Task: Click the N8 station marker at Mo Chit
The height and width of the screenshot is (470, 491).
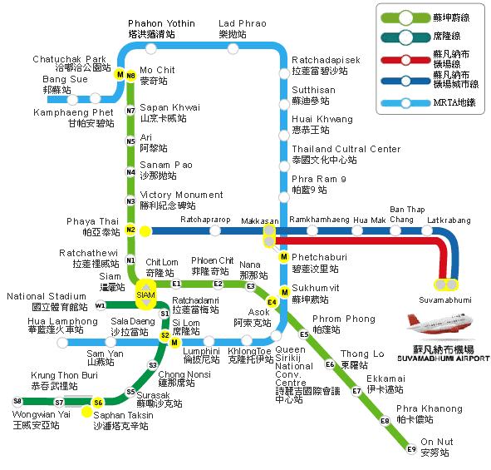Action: (130, 75)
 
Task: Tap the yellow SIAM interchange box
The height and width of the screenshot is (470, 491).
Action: (146, 294)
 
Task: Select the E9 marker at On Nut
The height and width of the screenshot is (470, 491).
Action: (410, 449)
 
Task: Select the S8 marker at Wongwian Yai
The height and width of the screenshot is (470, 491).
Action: (17, 401)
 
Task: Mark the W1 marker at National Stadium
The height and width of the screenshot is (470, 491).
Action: (100, 305)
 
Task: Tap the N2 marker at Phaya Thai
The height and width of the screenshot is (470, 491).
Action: (130, 230)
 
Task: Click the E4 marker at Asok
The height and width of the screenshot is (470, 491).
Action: (271, 301)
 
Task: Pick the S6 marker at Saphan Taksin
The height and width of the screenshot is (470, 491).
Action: (98, 403)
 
